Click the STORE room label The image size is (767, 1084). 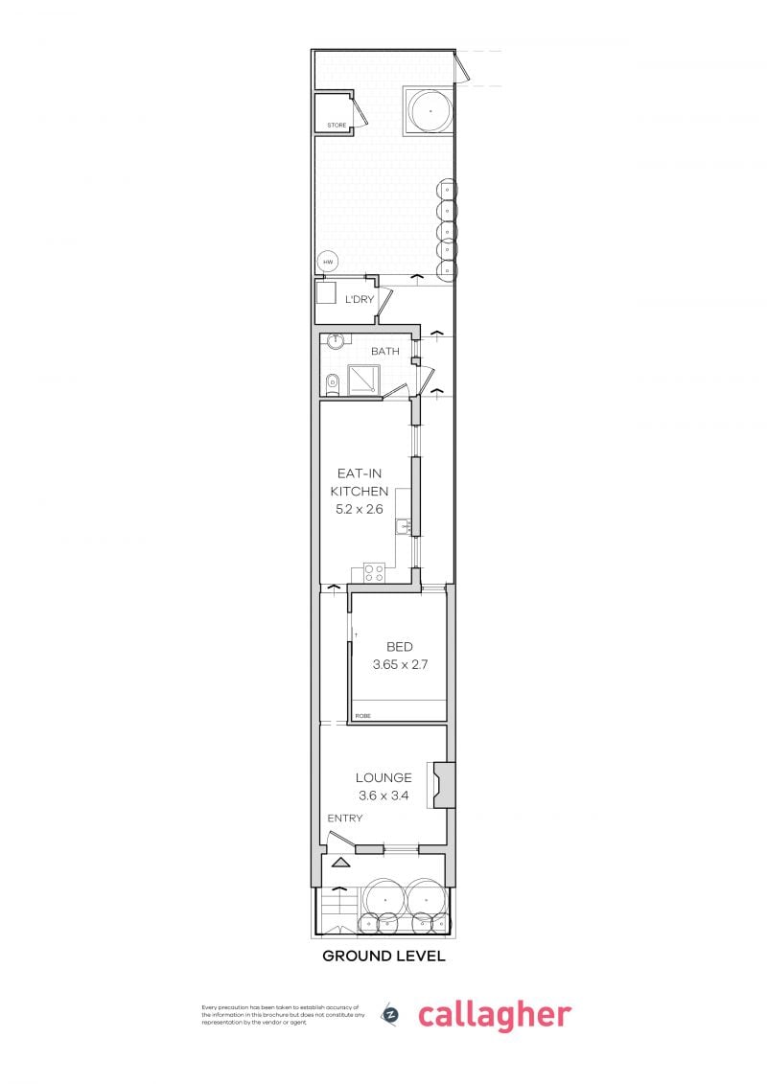point(336,126)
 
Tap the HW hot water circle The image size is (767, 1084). point(328,262)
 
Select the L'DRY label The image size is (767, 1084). point(360,300)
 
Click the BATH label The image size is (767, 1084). point(385,351)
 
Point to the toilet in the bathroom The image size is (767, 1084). point(332,382)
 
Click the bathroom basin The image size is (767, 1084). point(336,340)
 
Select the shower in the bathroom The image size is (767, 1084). point(362,381)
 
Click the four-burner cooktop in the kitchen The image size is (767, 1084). point(374,573)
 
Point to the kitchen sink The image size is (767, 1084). point(407,525)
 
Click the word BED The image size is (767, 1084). point(399,647)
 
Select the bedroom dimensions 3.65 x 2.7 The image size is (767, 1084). point(399,664)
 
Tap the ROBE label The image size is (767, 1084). point(362,716)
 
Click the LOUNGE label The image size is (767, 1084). point(383,777)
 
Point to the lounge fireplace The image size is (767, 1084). point(444,784)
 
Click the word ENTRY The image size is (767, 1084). point(345,818)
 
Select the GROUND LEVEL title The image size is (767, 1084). point(383,956)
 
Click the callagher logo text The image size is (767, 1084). point(494,1015)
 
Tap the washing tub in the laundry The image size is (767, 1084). point(328,293)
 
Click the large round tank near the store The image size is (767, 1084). point(430,111)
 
